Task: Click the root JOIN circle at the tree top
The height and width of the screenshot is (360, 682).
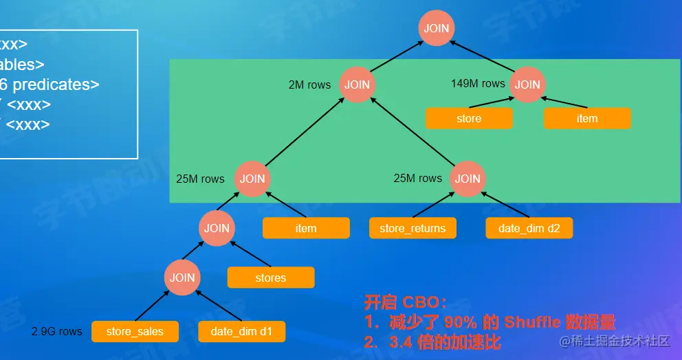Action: coord(437,28)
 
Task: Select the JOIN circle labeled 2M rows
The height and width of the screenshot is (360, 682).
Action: coord(357,85)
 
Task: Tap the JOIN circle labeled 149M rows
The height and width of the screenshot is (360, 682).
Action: coord(527,85)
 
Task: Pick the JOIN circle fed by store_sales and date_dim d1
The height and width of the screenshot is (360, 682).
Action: coord(182,278)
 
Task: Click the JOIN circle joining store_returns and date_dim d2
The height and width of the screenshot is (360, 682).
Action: coord(467,179)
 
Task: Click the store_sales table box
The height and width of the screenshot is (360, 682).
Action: coord(135,332)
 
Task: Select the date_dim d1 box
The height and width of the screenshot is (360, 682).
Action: coord(241,332)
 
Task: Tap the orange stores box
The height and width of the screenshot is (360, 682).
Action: coord(271,278)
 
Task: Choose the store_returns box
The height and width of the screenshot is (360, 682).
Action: coord(412,228)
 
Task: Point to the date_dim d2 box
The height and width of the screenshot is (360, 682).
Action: coord(529,228)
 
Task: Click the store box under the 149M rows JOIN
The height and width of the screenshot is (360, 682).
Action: coord(469,118)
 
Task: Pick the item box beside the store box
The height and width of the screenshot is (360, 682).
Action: coord(587,118)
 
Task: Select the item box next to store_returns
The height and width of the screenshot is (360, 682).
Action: coord(306,228)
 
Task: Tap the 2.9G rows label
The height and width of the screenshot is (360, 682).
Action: coord(56,332)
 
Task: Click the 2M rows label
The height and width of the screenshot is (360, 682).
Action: coord(309,85)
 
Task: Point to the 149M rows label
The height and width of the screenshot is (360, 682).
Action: coord(478,84)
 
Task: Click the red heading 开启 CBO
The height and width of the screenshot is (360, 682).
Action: coord(405,303)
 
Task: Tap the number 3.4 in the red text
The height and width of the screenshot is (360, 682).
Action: coord(401,341)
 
